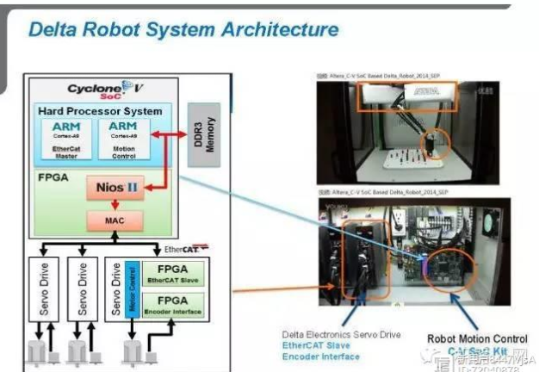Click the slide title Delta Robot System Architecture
(183, 30)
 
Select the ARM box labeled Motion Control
(121, 138)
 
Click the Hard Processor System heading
(100, 112)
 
